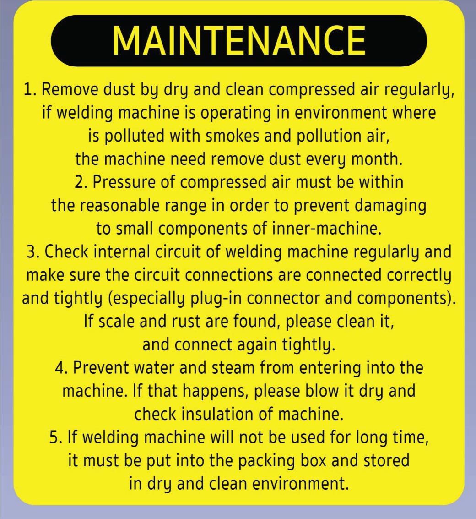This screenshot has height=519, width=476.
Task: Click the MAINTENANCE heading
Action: [x=239, y=41]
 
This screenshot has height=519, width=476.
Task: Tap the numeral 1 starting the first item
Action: [x=28, y=90]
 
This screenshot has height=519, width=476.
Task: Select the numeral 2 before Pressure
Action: [x=79, y=182]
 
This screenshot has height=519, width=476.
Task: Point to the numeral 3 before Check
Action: [x=32, y=252]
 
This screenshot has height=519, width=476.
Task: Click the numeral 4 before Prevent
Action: [x=60, y=368]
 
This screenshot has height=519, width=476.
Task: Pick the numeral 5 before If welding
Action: [x=54, y=437]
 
